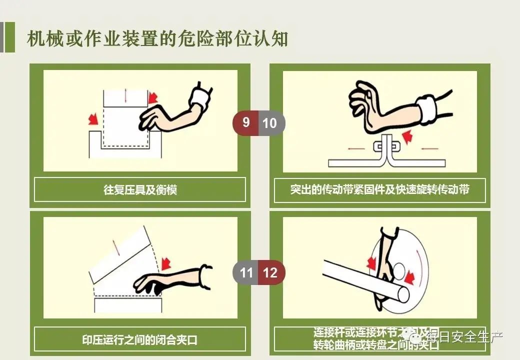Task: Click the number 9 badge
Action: tap(245, 122)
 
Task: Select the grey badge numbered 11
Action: tap(246, 272)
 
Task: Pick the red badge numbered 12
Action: tap(270, 272)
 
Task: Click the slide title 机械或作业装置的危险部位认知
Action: tap(157, 38)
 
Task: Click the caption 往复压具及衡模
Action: tap(140, 190)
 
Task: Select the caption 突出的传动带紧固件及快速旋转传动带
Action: tap(379, 190)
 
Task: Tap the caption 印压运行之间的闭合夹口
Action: tap(140, 340)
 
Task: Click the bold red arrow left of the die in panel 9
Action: tap(92, 119)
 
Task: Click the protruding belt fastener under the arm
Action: tap(384, 148)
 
